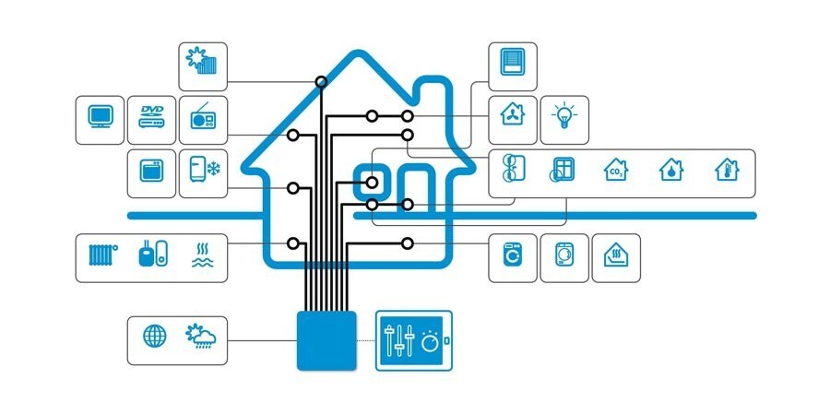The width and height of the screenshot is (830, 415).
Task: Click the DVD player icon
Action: [151, 116]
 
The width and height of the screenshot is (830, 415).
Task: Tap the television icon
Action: [100, 116]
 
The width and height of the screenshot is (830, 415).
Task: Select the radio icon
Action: [203, 117]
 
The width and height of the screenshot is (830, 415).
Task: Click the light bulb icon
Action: [564, 115]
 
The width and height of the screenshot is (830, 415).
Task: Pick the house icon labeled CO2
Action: [616, 170]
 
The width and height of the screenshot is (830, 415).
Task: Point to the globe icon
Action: [155, 336]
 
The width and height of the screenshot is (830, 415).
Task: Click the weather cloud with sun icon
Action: [201, 336]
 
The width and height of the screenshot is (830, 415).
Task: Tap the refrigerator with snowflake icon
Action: [205, 169]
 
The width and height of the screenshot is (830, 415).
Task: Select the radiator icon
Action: [102, 255]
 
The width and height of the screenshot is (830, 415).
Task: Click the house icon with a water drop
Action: [671, 170]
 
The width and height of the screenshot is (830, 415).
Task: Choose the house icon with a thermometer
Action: [727, 170]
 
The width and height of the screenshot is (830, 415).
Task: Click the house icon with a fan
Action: [513, 113]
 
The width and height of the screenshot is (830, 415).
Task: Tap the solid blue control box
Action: [326, 340]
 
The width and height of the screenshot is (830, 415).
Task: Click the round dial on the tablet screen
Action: [430, 343]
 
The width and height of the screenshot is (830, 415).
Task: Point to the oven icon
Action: [151, 171]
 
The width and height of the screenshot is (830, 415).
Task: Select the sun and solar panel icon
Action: [201, 61]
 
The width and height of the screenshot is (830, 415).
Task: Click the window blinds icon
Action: [513, 62]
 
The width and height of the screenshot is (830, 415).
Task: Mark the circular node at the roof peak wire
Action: [321, 81]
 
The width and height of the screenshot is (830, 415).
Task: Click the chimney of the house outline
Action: [434, 93]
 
